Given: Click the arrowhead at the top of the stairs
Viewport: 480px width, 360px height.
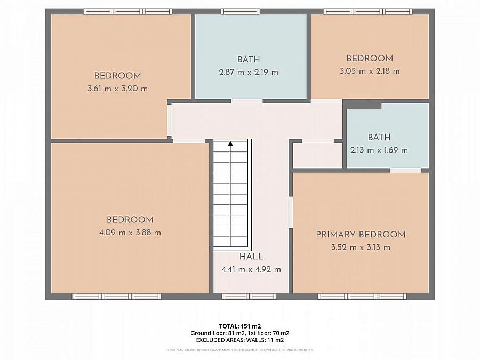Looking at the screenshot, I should pyautogui.click(x=230, y=143).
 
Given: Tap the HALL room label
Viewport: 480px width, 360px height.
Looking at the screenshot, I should pyautogui.click(x=251, y=257).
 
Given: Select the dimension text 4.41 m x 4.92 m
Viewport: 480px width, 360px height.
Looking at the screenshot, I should pyautogui.click(x=251, y=269).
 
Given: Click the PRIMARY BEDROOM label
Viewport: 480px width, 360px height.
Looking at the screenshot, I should pyautogui.click(x=361, y=234).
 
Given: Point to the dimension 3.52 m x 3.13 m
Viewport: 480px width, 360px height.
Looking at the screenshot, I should pyautogui.click(x=361, y=247).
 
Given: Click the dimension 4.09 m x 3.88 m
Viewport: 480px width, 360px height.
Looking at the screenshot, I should pyautogui.click(x=130, y=233).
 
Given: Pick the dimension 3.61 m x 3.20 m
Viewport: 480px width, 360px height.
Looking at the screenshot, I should pyautogui.click(x=117, y=89).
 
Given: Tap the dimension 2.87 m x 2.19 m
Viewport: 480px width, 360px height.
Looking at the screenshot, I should pyautogui.click(x=249, y=72).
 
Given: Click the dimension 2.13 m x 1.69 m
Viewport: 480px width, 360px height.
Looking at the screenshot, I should pyautogui.click(x=379, y=150).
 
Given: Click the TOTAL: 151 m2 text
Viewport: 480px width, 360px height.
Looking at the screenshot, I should pyautogui.click(x=239, y=326).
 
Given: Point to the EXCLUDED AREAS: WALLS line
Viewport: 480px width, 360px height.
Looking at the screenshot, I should pyautogui.click(x=239, y=340).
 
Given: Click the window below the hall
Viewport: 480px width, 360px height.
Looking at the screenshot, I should pyautogui.click(x=249, y=297).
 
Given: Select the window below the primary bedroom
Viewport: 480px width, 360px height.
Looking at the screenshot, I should pyautogui.click(x=355, y=297).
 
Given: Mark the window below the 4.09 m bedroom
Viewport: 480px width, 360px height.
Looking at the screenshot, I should pyautogui.click(x=117, y=297).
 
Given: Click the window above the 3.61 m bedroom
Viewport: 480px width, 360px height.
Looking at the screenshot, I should pyautogui.click(x=128, y=11).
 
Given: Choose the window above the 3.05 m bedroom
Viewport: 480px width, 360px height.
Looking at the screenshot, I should pyautogui.click(x=368, y=11).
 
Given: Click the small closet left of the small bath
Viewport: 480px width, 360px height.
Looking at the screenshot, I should pyautogui.click(x=318, y=155).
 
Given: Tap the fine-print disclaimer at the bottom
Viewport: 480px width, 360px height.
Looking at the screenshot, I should pyautogui.click(x=239, y=350).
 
